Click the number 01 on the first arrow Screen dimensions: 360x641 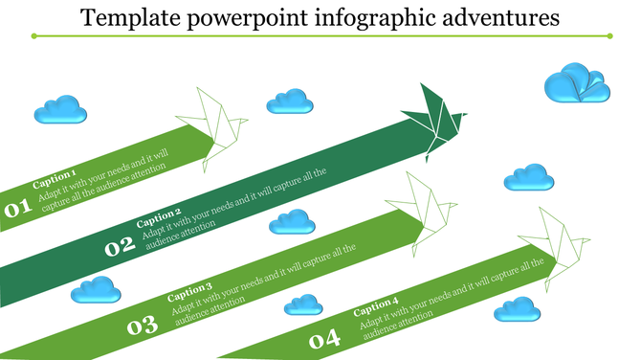(16, 209)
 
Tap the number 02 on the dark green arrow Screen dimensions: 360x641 (120, 247)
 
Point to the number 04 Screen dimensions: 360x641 (324, 339)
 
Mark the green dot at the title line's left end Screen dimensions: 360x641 (35, 36)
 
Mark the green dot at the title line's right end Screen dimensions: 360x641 (608, 36)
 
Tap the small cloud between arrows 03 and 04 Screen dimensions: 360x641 (304, 304)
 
